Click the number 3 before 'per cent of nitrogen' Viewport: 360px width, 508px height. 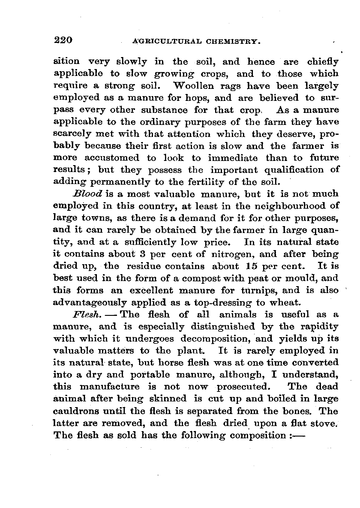pyautogui.click(x=143, y=254)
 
